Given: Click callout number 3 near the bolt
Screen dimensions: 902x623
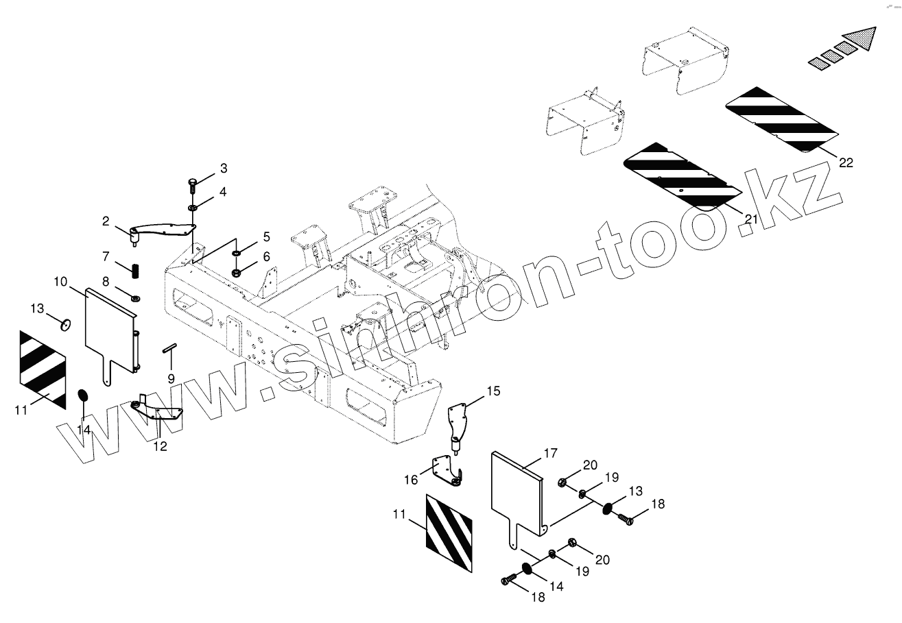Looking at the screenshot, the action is [224, 169].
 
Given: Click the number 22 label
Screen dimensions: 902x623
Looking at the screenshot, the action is [846, 162].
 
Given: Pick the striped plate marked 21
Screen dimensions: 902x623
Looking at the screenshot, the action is [682, 175].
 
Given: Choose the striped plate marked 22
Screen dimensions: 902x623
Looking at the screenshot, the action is [782, 119].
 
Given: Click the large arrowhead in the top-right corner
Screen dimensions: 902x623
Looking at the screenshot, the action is [860, 39].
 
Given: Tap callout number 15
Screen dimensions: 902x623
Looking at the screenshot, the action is [494, 391].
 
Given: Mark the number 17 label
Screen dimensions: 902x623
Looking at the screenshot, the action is [551, 453].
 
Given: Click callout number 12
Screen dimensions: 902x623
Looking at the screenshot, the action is [160, 447].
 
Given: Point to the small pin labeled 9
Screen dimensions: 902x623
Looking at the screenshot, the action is [169, 350].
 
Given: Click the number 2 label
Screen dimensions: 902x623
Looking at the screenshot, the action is [106, 221].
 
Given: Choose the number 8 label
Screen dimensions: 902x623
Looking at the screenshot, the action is [106, 281].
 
